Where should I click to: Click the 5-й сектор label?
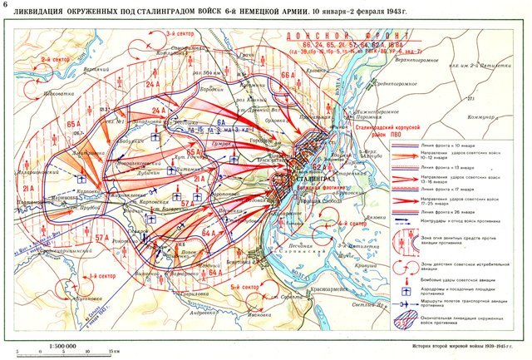click(240, 288)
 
